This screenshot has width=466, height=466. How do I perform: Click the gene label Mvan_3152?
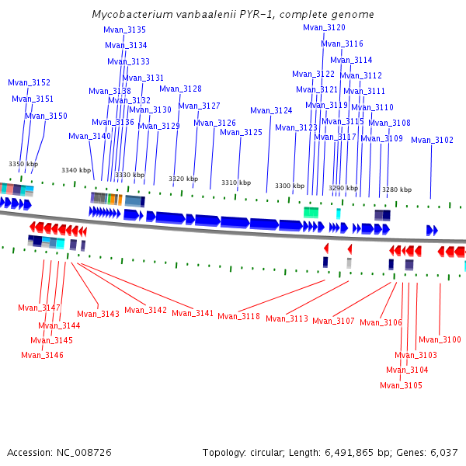29,82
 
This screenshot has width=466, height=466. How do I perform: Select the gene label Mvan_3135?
124,30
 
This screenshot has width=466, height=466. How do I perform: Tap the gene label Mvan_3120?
324,27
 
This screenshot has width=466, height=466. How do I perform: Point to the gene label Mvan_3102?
432,140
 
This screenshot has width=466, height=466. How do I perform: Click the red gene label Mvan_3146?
42,355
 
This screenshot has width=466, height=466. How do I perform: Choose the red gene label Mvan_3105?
401,385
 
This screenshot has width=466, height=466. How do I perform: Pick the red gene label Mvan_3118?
238,316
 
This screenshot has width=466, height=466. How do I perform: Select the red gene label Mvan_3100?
440,339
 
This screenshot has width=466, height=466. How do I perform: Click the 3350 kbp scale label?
23,164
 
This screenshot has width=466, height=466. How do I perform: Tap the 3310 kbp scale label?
236,183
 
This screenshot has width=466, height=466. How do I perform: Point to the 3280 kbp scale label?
396,190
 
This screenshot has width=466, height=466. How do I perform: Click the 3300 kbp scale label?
290,186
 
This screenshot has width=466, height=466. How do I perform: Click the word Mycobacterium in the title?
130,15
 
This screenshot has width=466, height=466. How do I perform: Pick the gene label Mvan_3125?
241,132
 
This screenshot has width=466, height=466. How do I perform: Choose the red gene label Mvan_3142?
145,310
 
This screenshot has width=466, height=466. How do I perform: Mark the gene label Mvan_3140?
89,136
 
